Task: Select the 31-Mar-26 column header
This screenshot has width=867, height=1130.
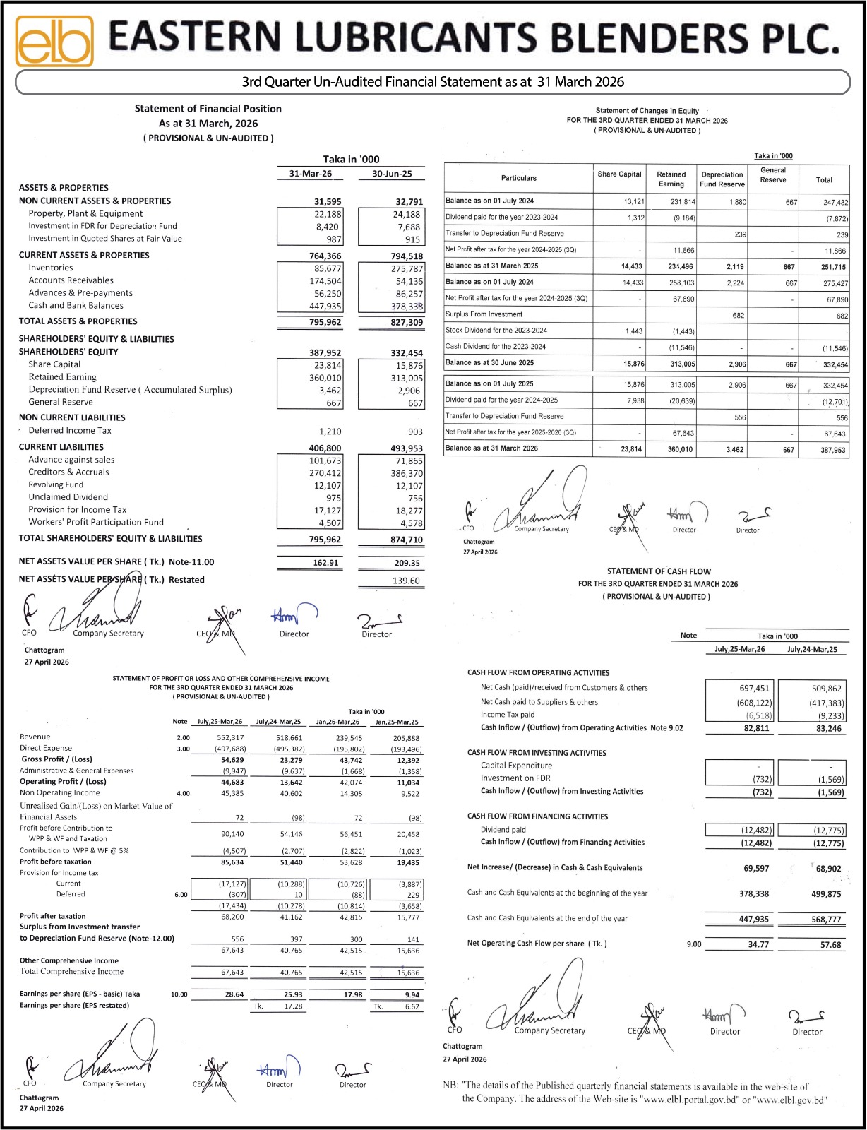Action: pos(310,174)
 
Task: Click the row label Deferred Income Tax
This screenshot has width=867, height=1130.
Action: pos(70,431)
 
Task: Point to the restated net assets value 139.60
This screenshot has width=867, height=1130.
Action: pos(406,581)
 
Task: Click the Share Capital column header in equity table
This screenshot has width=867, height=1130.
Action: pos(619,174)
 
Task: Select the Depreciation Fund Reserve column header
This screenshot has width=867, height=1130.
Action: pos(722,179)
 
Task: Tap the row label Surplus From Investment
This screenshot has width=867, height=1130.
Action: pos(484,314)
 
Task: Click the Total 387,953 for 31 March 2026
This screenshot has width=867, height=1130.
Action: pos(834,450)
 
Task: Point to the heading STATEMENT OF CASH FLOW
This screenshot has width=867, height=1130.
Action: pos(659,571)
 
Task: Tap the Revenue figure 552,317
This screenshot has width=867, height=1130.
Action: pos(230,738)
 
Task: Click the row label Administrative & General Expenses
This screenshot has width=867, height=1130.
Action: pos(76,771)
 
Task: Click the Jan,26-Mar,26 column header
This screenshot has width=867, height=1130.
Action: pos(337,722)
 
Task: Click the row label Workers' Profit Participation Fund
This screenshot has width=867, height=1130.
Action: pos(96,523)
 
